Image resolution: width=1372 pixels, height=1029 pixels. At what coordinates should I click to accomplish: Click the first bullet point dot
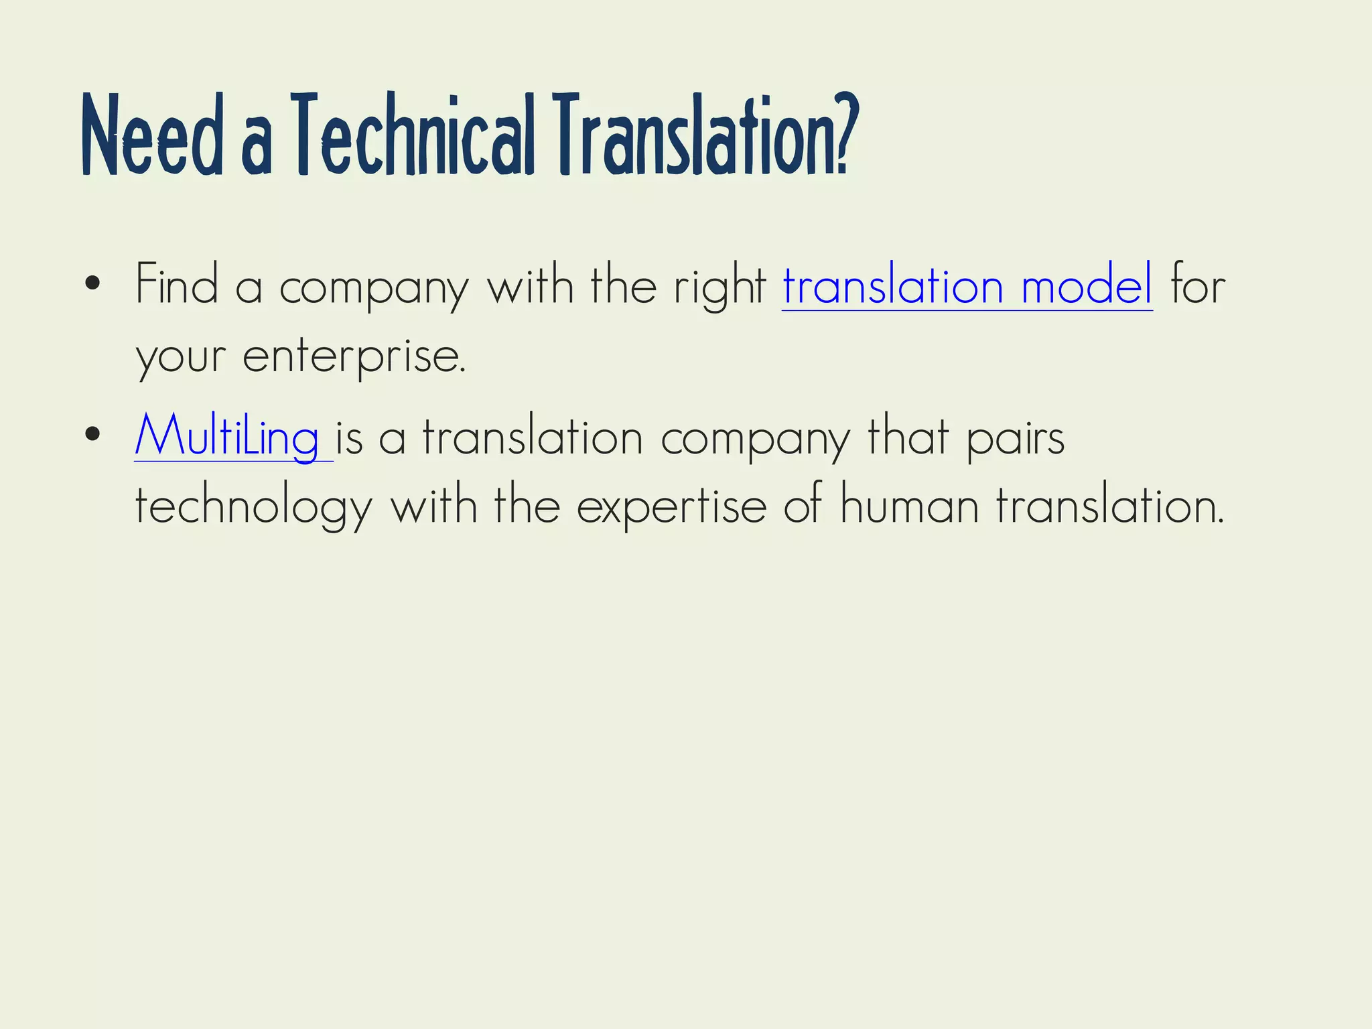coord(93,284)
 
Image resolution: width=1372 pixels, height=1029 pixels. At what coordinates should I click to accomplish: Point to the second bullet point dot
coord(93,435)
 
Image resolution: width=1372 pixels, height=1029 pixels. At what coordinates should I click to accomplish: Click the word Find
coord(177,285)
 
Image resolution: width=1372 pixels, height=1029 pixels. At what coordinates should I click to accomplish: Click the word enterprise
coord(353,358)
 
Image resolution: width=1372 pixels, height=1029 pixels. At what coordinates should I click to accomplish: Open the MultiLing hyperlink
coord(227,437)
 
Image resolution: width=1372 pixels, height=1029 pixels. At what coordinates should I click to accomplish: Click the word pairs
coord(1015,439)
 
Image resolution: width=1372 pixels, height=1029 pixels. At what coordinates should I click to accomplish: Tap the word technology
coord(253,507)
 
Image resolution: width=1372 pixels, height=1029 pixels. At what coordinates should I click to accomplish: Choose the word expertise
coord(671,507)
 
